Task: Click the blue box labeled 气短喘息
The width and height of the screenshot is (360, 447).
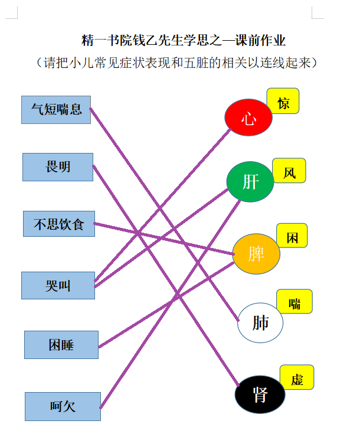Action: pos(56,110)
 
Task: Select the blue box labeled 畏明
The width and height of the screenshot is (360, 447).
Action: pos(58,167)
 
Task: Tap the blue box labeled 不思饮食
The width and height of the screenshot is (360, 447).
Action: pos(59,224)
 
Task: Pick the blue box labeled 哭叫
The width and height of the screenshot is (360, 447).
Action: pos(58,285)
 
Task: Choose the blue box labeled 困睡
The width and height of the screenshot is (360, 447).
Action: pos(61,345)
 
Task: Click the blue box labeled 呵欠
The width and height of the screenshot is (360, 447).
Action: pos(63,406)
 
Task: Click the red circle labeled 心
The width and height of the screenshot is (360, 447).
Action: pos(248,118)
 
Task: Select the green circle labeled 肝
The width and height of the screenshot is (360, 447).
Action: pos(250,182)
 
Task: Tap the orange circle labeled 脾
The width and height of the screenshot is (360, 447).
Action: pos(256,254)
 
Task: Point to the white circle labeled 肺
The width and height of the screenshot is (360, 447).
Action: pos(260,323)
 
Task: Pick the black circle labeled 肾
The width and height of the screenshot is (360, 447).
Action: pos(260,394)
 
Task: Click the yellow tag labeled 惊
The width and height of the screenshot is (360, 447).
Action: pos(283,101)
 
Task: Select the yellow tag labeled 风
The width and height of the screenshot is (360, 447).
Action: pos(289,171)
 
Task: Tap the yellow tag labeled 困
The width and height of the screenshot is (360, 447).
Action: pos(292,236)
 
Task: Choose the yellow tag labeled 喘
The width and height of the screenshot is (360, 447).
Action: pos(294,302)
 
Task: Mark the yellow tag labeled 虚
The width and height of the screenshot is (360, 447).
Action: pos(297,377)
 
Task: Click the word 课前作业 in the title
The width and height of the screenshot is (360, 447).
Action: pos(260,40)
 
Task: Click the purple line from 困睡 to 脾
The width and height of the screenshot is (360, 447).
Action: pos(166,305)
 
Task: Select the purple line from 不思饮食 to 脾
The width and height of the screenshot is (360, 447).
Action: pos(164,239)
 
